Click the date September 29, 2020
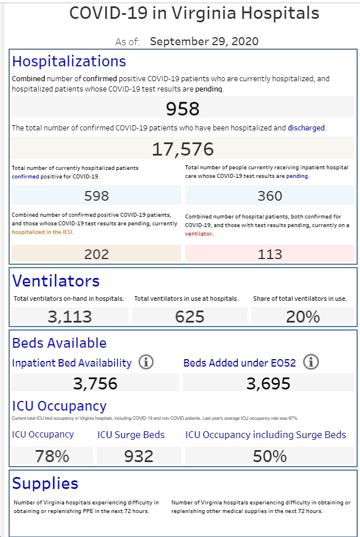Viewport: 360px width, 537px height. point(204,41)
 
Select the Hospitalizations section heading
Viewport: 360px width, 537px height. point(69,61)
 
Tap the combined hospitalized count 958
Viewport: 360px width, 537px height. point(183,109)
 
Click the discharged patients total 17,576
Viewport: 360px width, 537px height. point(183,149)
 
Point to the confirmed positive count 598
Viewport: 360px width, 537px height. point(97,196)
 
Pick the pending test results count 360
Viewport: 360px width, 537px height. point(270,196)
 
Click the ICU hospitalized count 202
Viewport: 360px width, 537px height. point(97,254)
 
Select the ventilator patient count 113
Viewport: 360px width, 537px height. point(270,254)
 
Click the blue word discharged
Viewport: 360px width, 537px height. point(306,128)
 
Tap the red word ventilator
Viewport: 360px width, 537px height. point(198,233)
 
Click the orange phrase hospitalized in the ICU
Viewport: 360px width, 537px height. point(42,232)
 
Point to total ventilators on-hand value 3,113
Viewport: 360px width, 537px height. point(70,316)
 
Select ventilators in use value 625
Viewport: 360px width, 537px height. point(190,316)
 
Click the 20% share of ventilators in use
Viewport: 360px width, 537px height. point(303,316)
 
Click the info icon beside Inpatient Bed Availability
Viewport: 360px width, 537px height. point(146,362)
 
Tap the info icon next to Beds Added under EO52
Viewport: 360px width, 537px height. point(311,362)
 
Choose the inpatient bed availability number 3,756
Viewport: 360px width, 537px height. point(95,383)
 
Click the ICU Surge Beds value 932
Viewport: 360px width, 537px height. point(139,456)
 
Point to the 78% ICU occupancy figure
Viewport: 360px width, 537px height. point(52,456)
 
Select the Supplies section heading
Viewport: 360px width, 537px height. point(45,483)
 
